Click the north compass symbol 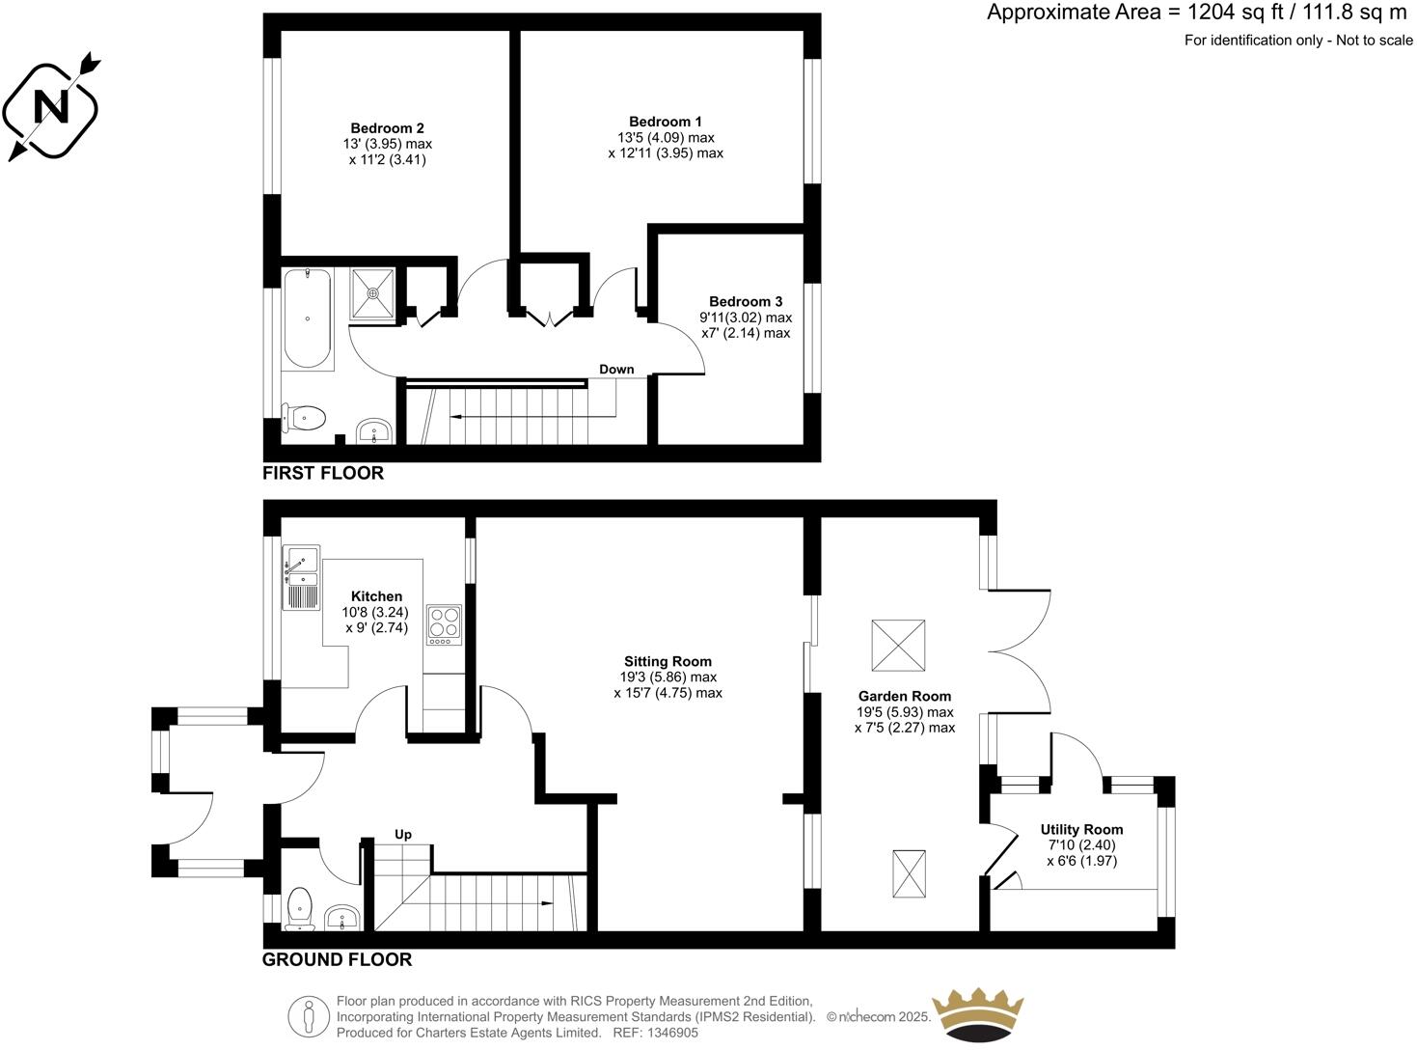coord(51,106)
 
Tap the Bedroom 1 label coord(665,122)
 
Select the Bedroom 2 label coord(387,128)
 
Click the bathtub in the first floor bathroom coord(308,318)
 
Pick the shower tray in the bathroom coord(371,292)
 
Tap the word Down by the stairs coord(616,370)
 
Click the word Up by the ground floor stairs coord(403,834)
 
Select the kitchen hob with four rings coord(444,625)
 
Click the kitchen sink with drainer coord(301,577)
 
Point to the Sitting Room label coord(668,662)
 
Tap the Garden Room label coord(904,696)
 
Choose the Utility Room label coord(1081,829)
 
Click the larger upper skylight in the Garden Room coord(898,646)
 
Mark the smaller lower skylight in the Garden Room coord(909,874)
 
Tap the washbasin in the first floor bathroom coord(374,431)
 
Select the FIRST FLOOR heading coord(323,473)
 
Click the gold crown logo coord(976,1014)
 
